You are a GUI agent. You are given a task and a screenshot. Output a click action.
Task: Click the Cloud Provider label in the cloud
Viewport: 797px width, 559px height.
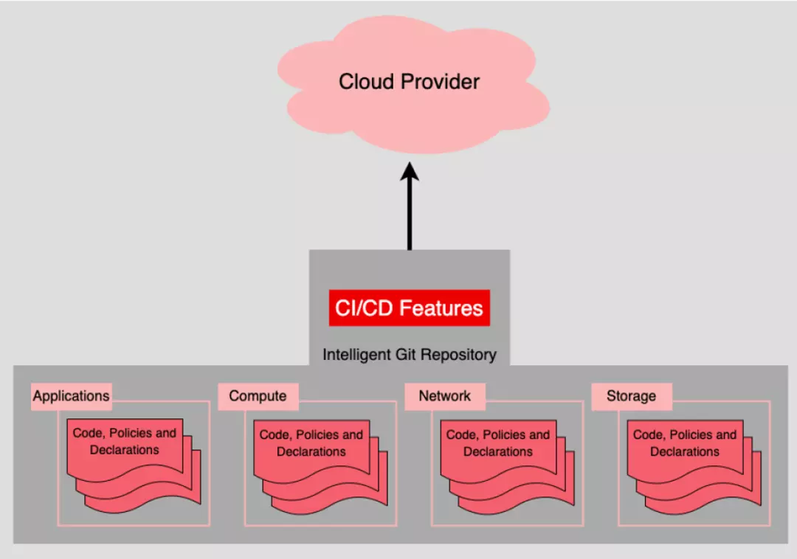pyautogui.click(x=409, y=82)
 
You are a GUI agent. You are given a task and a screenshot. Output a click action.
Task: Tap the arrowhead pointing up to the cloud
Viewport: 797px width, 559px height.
pyautogui.click(x=410, y=174)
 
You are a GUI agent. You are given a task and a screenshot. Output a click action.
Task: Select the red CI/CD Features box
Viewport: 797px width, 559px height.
pyautogui.click(x=410, y=308)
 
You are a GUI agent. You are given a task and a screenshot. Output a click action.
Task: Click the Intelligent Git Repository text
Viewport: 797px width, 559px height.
pyautogui.click(x=410, y=355)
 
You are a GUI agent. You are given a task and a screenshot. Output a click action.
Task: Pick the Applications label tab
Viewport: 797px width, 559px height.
pyautogui.click(x=71, y=396)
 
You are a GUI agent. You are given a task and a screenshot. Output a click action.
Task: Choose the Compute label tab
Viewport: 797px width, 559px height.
pyautogui.click(x=258, y=396)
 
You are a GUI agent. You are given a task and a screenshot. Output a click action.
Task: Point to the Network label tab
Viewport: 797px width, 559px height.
pyautogui.click(x=444, y=396)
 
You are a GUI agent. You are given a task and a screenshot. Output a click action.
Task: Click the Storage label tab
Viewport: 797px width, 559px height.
pyautogui.click(x=631, y=396)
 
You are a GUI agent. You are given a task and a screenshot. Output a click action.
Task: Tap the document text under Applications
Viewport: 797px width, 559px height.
pyautogui.click(x=124, y=441)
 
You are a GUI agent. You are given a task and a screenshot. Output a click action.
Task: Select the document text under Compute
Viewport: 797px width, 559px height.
pyautogui.click(x=311, y=442)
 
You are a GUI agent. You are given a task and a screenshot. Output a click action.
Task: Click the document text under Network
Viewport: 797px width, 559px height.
pyautogui.click(x=497, y=442)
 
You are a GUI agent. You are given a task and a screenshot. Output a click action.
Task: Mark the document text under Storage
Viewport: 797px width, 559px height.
pyautogui.click(x=684, y=442)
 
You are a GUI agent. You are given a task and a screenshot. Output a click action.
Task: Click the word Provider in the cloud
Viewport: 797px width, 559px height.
pyautogui.click(x=441, y=82)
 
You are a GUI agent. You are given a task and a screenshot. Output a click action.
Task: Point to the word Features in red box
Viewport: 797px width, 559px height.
pyautogui.click(x=441, y=308)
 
